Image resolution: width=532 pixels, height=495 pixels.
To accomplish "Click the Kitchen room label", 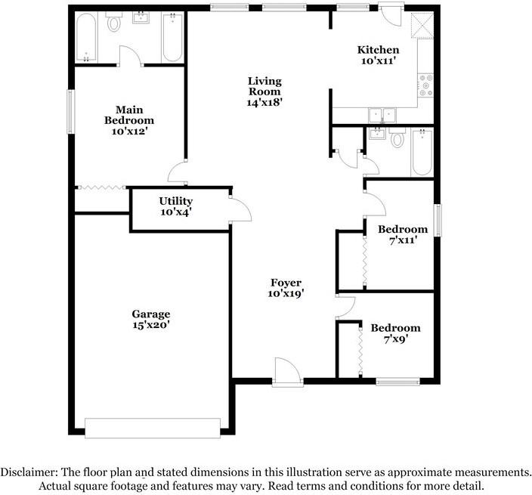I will pyautogui.click(x=378, y=51).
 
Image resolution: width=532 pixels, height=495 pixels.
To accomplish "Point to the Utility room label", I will pyautogui.click(x=175, y=201).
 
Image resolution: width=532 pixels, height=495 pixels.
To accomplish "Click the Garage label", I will pyautogui.click(x=150, y=314).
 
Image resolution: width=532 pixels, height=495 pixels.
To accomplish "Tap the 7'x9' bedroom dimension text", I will pyautogui.click(x=394, y=339).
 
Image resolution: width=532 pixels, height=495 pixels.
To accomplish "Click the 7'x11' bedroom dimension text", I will pyautogui.click(x=403, y=240).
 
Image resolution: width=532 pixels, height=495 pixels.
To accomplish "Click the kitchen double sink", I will pyautogui.click(x=382, y=115).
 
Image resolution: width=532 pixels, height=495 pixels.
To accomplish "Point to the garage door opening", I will pyautogui.click(x=153, y=428).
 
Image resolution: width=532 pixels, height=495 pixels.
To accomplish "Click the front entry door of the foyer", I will pyautogui.click(x=287, y=373).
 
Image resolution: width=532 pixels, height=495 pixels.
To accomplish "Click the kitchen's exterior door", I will pyautogui.click(x=392, y=13).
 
